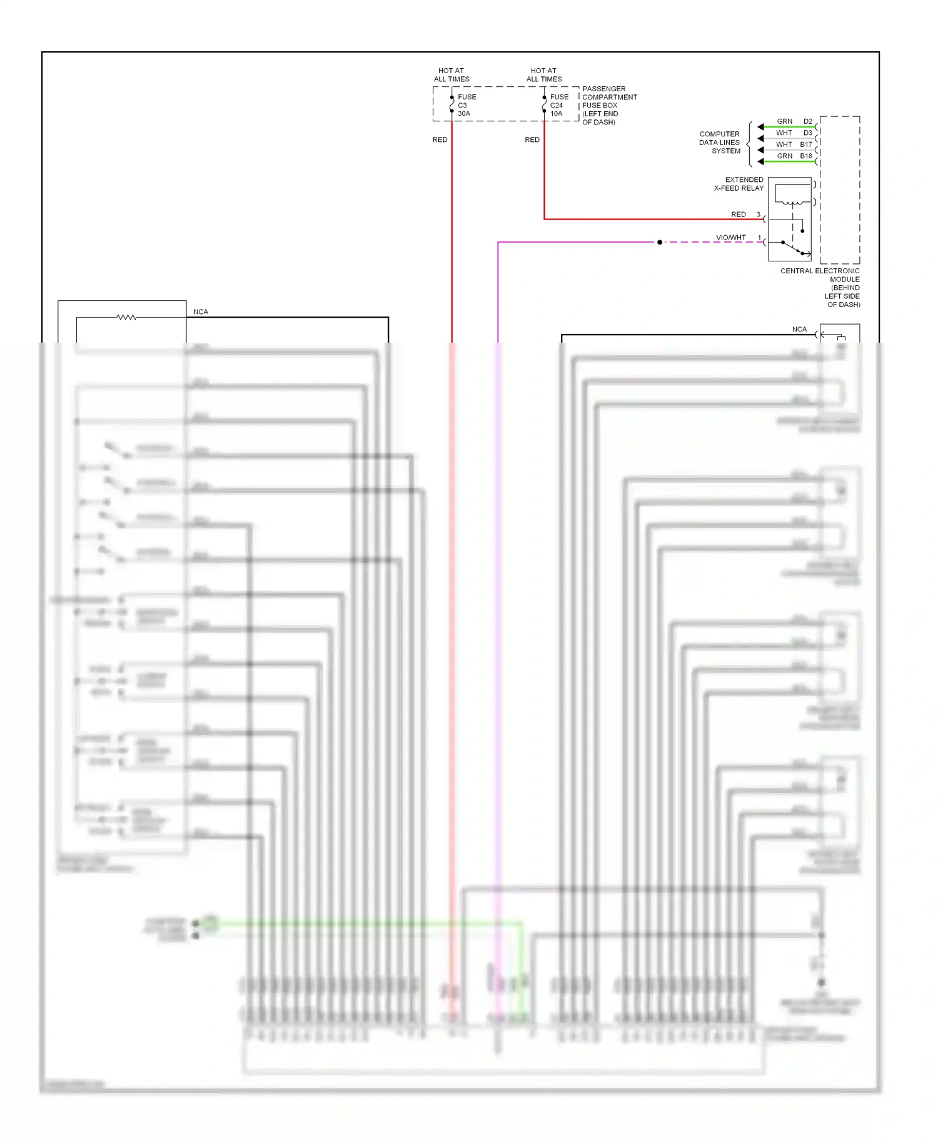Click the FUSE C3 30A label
coord(466,105)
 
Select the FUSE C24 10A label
coord(558,105)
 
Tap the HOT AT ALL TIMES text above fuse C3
coord(451,75)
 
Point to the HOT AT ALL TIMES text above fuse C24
coord(544,75)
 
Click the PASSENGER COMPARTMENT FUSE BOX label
coord(609,105)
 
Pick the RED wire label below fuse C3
coord(440,140)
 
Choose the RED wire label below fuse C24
coord(532,140)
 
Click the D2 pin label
coord(808,121)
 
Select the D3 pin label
coord(808,133)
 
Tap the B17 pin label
coord(806,144)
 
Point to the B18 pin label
coord(806,156)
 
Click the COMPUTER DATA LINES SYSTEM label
coord(720,143)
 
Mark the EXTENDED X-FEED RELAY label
coord(739,184)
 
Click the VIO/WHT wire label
coord(730,238)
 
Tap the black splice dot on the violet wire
coord(660,242)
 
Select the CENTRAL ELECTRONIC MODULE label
coord(820,288)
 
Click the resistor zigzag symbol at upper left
coord(127,318)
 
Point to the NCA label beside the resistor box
coord(201,312)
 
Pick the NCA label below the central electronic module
coord(799,330)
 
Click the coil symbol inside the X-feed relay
coord(792,203)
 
